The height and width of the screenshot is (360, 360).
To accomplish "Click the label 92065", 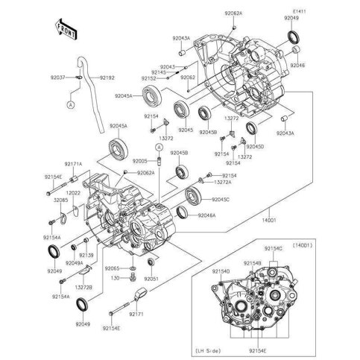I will point(113,267).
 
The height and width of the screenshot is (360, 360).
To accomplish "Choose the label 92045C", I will point(221,200).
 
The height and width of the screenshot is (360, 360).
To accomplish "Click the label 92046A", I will point(207,215).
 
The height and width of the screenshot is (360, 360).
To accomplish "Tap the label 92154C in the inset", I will point(275,247).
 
